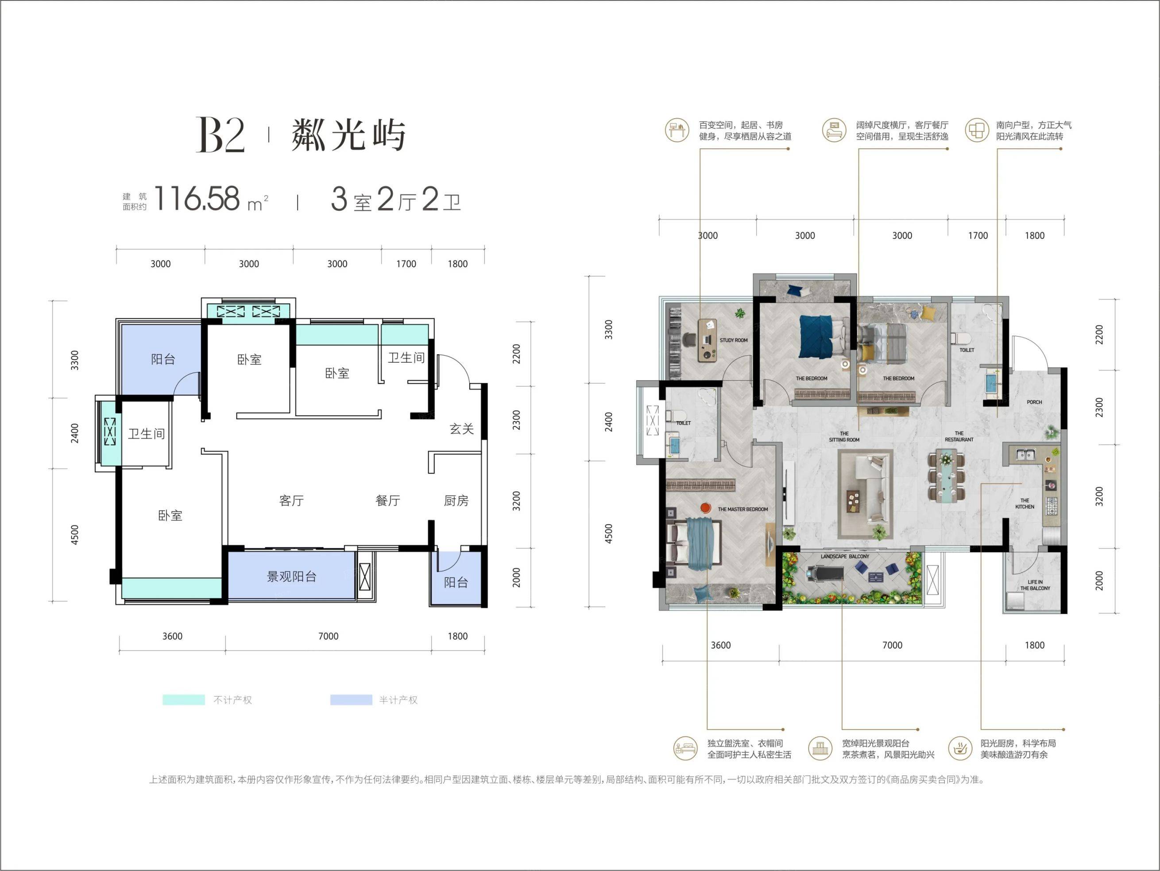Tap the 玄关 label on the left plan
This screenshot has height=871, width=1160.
coord(461,429)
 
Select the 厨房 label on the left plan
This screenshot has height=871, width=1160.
coord(456,501)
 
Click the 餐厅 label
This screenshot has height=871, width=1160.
coord(387,501)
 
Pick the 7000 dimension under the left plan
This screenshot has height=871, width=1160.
coord(328,636)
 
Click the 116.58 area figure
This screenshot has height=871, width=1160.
coord(197,199)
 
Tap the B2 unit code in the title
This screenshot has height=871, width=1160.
coord(220,135)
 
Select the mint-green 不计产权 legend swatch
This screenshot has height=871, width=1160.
coord(184,700)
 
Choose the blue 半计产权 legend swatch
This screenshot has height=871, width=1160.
coord(351,700)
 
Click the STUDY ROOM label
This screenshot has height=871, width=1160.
coord(734,341)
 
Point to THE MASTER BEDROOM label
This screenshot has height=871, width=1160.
coord(742,509)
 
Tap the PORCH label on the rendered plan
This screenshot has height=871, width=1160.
coord(1034,402)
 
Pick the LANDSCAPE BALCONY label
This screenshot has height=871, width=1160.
coord(845,556)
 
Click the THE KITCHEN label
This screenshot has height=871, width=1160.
coord(1025,503)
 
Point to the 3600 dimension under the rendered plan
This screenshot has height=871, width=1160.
coord(720,645)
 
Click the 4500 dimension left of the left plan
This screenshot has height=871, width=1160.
coord(74,535)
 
